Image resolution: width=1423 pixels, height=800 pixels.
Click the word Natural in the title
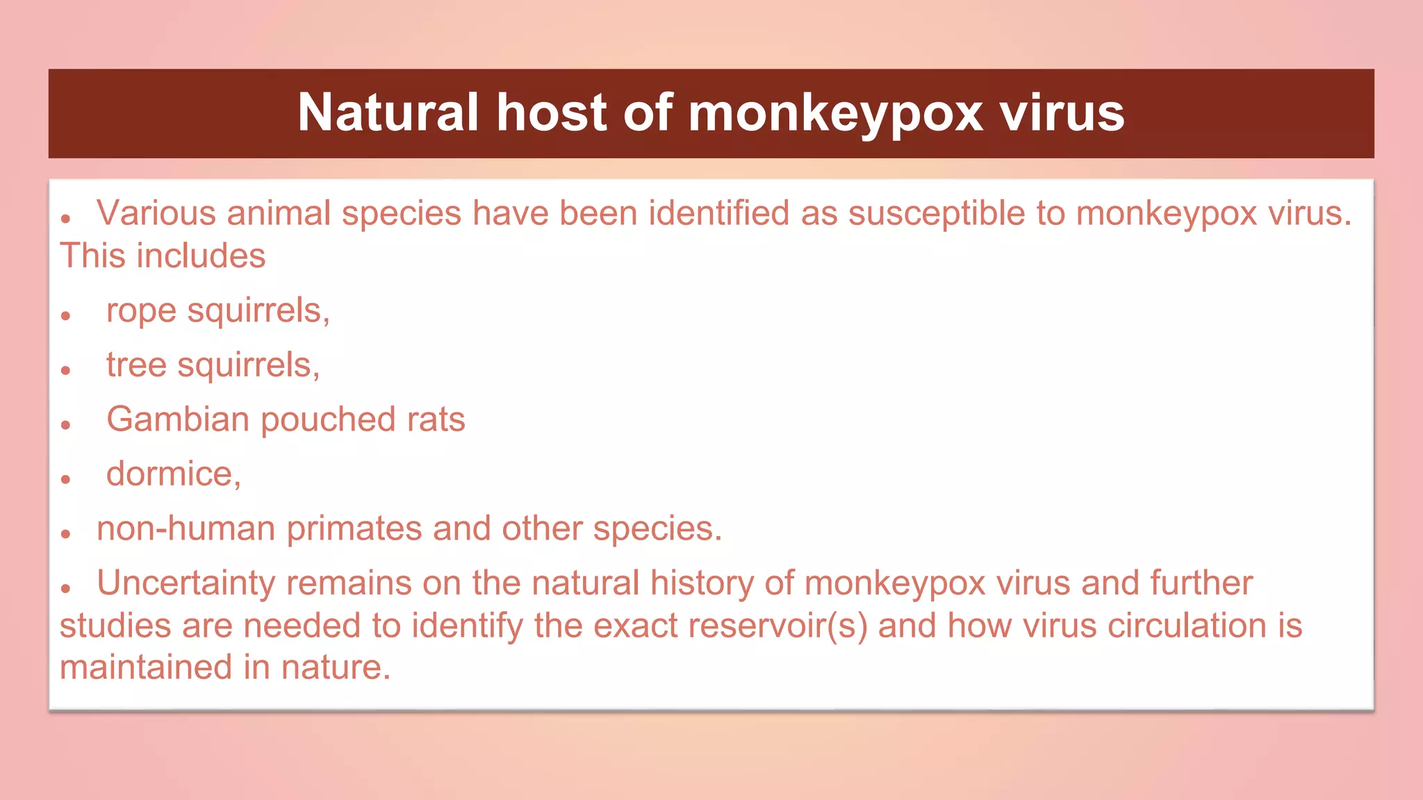click(388, 112)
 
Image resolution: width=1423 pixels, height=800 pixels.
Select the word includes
click(201, 256)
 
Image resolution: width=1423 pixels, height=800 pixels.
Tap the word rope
click(141, 310)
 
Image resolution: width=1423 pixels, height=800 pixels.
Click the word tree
click(136, 365)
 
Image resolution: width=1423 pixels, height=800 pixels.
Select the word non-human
click(186, 528)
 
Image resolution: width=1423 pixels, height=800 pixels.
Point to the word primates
click(354, 528)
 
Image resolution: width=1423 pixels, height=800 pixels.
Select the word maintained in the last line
click(146, 667)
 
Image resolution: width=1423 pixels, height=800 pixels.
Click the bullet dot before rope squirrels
click(66, 316)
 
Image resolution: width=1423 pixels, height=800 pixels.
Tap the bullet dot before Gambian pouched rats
click(66, 425)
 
